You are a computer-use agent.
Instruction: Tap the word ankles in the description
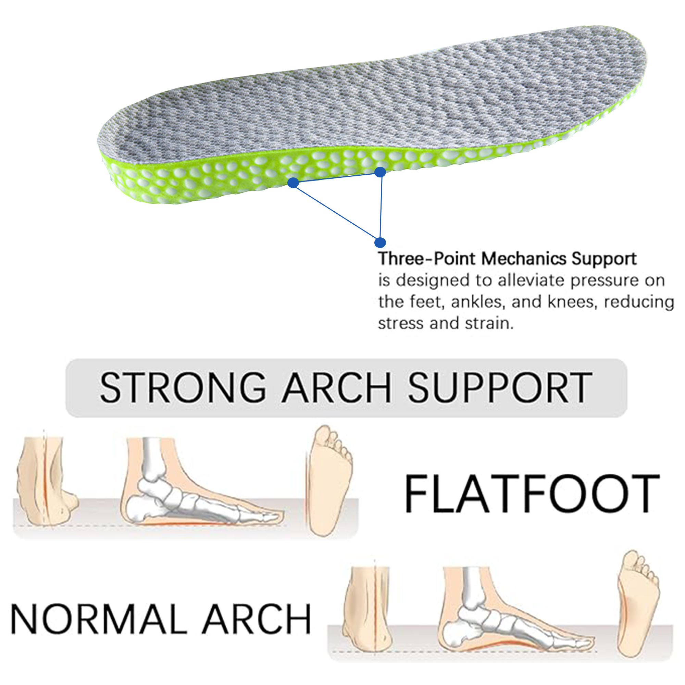[x=476, y=302]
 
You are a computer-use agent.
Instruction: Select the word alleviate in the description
[x=532, y=281]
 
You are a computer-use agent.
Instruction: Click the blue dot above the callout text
[x=380, y=242]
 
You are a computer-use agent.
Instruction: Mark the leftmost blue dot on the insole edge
[x=293, y=183]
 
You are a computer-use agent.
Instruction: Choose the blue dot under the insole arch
[x=380, y=172]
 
